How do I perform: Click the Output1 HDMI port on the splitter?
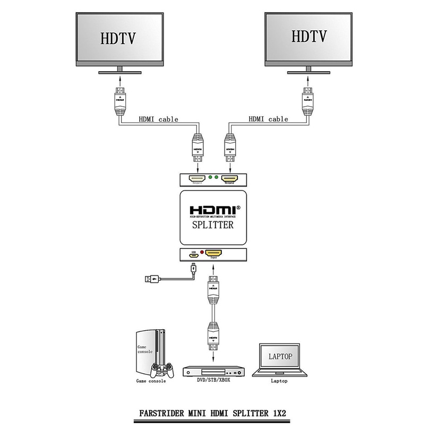(x=198, y=179)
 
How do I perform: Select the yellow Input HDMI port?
(x=214, y=253)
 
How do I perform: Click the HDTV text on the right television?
(x=307, y=36)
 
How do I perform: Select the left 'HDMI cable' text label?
(x=159, y=119)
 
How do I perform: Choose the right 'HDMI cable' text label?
(x=268, y=119)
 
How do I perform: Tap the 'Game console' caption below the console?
(x=150, y=381)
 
